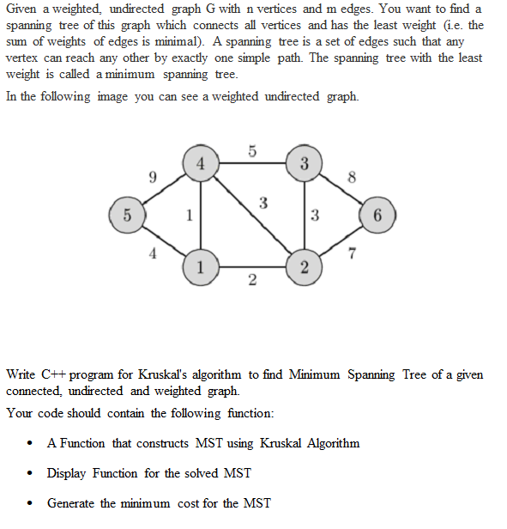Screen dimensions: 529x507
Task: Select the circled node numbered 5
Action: point(126,214)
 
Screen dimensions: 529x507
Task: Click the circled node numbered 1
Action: point(199,267)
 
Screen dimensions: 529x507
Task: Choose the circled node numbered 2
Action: point(305,267)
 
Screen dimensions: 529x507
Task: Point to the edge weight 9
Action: point(152,179)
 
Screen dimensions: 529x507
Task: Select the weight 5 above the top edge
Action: point(252,149)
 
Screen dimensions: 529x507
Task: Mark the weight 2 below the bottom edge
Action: point(252,280)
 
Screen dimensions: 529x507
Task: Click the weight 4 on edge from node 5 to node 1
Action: point(152,252)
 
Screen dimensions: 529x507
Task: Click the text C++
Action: point(74,375)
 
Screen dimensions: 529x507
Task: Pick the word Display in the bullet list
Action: point(68,473)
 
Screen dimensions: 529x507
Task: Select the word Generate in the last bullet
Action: point(72,503)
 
